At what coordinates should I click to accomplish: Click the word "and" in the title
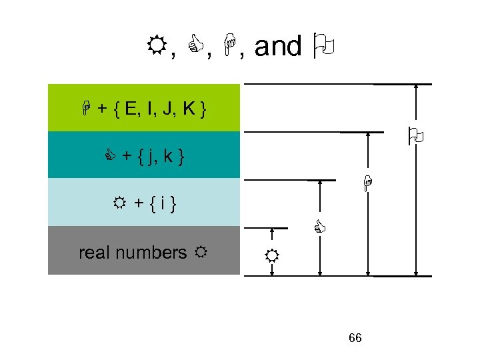[x=277, y=47]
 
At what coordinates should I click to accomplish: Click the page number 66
[x=355, y=338]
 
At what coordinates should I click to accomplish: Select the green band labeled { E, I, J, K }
[x=143, y=108]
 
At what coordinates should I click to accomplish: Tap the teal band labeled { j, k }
[x=143, y=155]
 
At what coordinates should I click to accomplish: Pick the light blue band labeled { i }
[x=143, y=202]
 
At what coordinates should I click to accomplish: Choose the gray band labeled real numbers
[x=143, y=250]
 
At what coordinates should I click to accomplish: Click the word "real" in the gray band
[x=91, y=253]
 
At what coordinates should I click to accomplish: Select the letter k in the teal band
[x=169, y=157]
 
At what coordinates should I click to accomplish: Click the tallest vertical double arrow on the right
[x=417, y=180]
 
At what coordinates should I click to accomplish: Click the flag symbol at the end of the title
[x=324, y=47]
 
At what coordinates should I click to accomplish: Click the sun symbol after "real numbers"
[x=199, y=253]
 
